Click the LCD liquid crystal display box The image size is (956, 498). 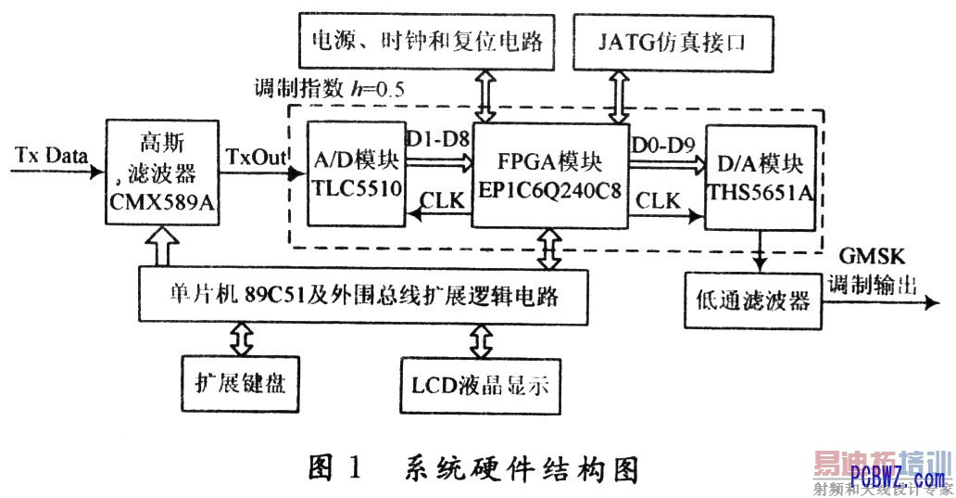[x=481, y=384]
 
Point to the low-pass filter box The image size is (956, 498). [x=753, y=300]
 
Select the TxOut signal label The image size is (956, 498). [x=252, y=153]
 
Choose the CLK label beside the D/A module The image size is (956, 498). [x=659, y=199]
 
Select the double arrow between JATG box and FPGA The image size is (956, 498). [x=615, y=96]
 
